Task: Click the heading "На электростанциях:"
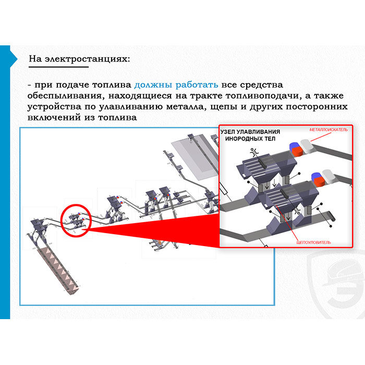click(x=79, y=59)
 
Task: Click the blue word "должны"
click(x=153, y=85)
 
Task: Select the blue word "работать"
click(x=197, y=85)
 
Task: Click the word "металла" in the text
click(x=186, y=107)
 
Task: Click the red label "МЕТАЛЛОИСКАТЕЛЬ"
click(x=328, y=130)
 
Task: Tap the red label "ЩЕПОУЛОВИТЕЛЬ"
click(x=313, y=242)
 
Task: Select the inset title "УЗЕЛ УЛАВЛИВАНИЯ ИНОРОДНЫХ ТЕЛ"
click(x=250, y=135)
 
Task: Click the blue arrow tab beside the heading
click(x=14, y=59)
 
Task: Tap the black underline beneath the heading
click(x=58, y=67)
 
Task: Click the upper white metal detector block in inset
click(x=307, y=146)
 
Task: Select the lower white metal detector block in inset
click(x=328, y=176)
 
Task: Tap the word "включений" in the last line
click(x=54, y=117)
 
